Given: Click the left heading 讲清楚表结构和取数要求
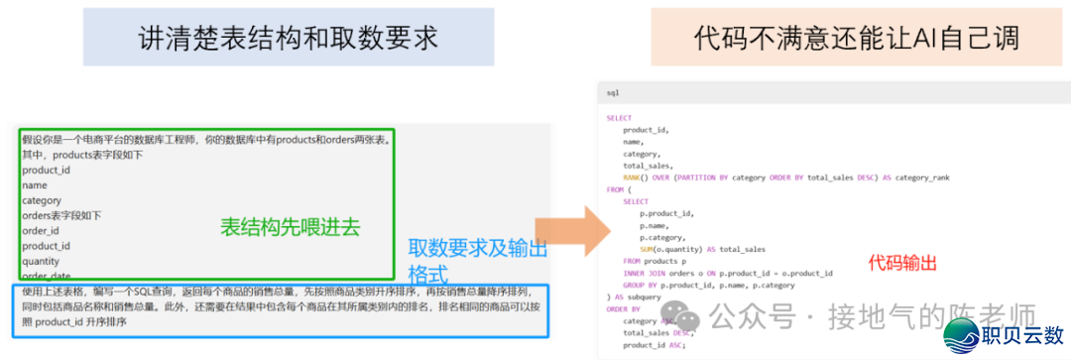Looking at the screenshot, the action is click(288, 39).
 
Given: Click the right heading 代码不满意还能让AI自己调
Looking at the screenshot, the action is click(857, 39).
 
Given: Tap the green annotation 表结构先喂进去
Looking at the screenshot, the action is click(289, 227).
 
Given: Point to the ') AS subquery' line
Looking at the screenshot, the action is click(635, 297).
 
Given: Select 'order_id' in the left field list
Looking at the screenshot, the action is click(41, 230).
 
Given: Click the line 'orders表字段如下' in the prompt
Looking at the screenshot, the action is click(61, 215).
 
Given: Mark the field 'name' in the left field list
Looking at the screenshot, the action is click(34, 185).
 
